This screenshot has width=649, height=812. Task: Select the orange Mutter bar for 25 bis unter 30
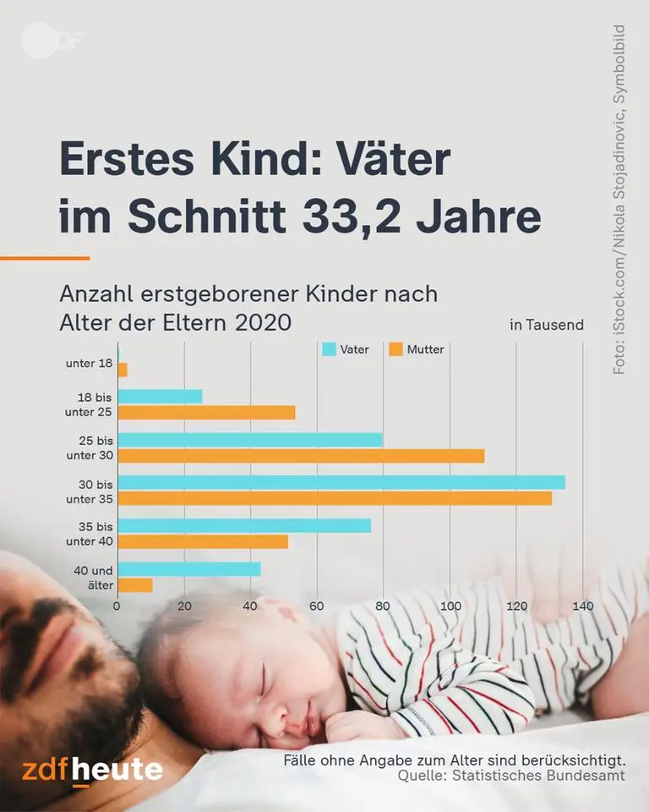click(301, 456)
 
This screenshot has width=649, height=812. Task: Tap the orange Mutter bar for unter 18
click(123, 370)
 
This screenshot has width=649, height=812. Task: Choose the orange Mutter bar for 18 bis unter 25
click(206, 413)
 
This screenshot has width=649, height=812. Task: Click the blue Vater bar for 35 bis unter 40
click(244, 526)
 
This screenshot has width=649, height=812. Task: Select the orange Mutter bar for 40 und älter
click(135, 584)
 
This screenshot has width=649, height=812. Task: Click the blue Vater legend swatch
click(330, 349)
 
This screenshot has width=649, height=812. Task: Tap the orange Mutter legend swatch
click(395, 349)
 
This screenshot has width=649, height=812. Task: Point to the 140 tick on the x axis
click(582, 606)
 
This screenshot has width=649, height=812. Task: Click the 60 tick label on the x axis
click(317, 606)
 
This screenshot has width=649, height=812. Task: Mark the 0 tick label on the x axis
click(118, 606)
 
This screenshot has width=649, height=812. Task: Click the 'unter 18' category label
click(89, 364)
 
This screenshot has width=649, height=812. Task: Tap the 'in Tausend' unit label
click(546, 325)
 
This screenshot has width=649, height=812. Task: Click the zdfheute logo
click(92, 771)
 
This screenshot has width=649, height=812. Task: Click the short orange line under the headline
click(44, 258)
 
